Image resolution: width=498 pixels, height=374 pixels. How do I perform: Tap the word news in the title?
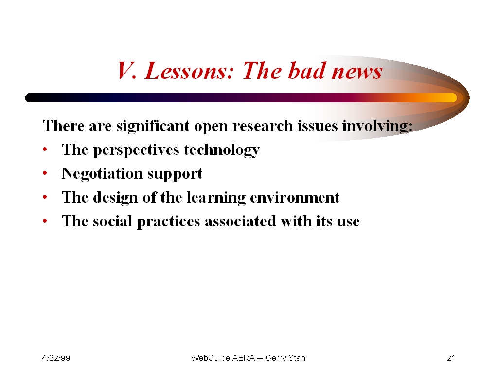point(356,71)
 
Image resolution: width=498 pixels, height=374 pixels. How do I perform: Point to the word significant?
point(152,126)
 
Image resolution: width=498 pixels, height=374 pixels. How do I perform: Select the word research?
point(263,126)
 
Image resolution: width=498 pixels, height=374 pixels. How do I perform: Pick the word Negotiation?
point(102,174)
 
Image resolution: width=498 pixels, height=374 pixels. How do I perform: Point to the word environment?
point(295,198)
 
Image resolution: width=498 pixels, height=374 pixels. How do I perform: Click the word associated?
point(240,221)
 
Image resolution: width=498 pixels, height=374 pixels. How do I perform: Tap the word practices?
point(168,222)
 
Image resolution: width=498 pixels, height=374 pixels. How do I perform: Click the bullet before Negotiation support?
point(45,173)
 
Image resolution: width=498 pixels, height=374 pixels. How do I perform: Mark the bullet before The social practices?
point(45,221)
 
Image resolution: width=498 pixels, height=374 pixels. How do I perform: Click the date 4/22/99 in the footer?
point(56,358)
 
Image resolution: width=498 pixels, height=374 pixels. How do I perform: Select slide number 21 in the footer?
point(451,358)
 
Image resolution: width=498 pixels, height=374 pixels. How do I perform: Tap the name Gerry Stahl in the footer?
point(286,358)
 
